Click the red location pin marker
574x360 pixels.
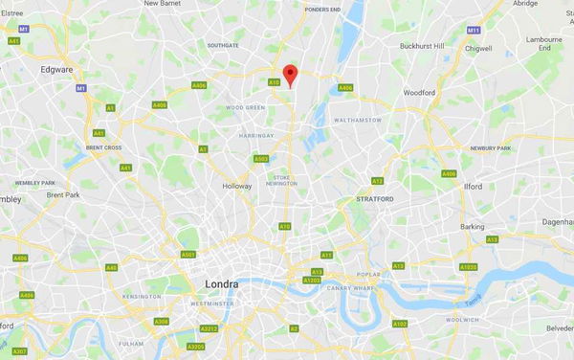(292, 75)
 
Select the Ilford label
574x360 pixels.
(473, 189)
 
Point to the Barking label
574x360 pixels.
(472, 227)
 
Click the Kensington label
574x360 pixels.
(142, 297)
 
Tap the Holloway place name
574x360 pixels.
(236, 186)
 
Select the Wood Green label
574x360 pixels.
(245, 108)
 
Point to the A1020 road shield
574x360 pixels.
(468, 266)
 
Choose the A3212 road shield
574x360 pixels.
(210, 328)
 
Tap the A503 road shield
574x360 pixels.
(261, 159)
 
